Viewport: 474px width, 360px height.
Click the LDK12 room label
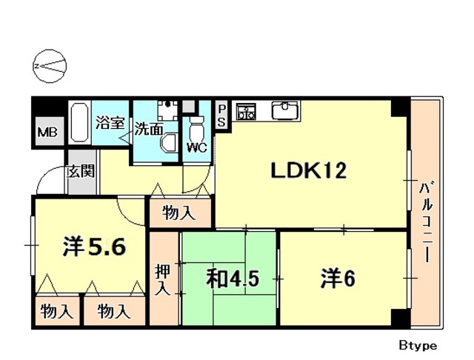(x=309, y=172)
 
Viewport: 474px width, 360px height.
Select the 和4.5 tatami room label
(x=231, y=279)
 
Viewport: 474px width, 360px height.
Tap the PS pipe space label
(x=221, y=116)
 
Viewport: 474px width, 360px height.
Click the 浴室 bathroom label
(x=110, y=123)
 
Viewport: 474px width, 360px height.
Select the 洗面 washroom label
(x=148, y=129)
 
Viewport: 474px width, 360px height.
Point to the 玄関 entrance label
(x=81, y=171)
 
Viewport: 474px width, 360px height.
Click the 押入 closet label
(x=162, y=278)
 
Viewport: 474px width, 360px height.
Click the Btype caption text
(x=417, y=345)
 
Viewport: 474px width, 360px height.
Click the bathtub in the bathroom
(x=79, y=124)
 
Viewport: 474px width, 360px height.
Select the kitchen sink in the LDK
(x=285, y=112)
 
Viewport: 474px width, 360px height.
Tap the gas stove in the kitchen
(x=245, y=112)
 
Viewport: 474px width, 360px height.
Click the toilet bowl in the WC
(x=197, y=127)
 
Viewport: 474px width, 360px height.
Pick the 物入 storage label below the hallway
(x=179, y=214)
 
